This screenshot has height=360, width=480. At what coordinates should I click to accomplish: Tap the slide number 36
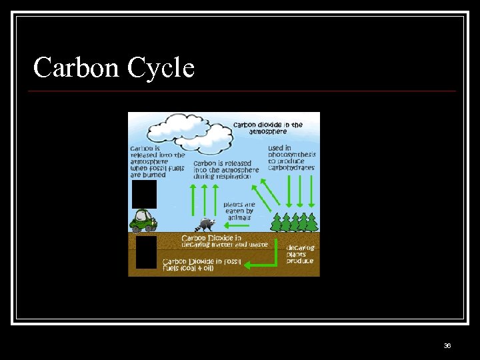coord(447,345)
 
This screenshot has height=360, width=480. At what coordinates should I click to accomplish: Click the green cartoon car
coord(143,221)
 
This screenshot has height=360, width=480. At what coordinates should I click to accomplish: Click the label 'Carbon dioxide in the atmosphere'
coord(267,128)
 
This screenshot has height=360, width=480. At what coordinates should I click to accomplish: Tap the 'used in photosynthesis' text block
coord(291,157)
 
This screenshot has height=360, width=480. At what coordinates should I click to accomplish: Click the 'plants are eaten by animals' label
coord(239,211)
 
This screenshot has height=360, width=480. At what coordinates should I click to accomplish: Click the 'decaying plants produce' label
coord(301,253)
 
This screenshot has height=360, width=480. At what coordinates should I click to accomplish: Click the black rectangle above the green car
coord(144,195)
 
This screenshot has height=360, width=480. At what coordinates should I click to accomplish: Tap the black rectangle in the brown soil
coord(146,252)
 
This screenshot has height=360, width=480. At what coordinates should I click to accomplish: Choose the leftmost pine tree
coord(277,223)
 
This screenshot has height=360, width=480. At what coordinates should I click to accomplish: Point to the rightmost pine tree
coord(312,223)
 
